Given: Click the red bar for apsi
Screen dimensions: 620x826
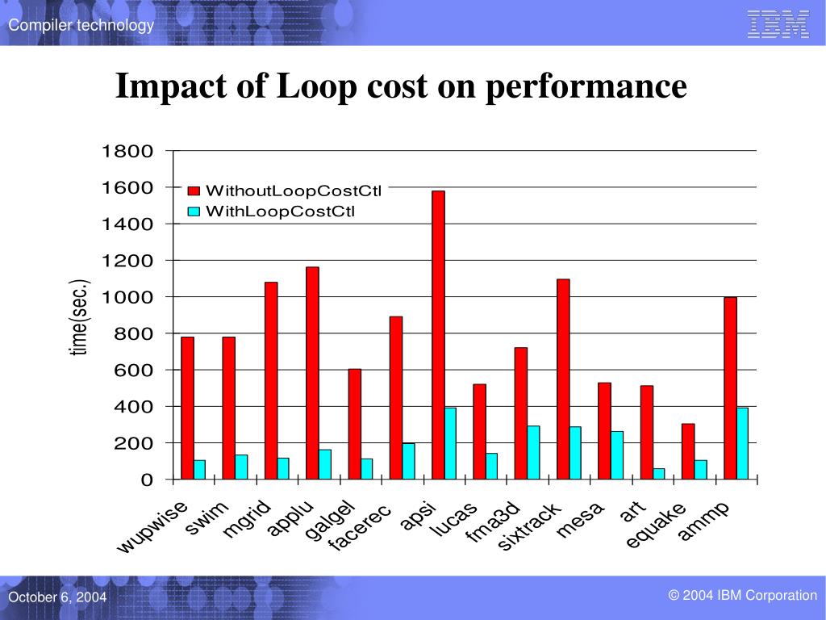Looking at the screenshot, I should (x=438, y=335).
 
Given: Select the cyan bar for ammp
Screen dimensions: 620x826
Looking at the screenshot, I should (x=742, y=443).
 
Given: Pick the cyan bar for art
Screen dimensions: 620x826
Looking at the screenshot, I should (x=659, y=474).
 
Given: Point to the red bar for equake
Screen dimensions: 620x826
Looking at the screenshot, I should (x=688, y=451).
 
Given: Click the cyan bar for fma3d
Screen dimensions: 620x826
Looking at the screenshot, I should (x=533, y=453).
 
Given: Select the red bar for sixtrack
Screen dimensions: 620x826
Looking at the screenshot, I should (x=563, y=379).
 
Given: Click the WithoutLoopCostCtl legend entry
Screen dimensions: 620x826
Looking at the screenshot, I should (x=293, y=191).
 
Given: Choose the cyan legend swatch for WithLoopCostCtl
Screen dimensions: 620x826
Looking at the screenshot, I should (x=194, y=212).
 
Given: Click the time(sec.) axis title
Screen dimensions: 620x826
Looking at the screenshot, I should (x=80, y=316).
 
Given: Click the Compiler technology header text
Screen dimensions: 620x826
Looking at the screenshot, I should (x=81, y=26).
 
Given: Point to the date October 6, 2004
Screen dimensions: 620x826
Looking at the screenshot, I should (x=57, y=597).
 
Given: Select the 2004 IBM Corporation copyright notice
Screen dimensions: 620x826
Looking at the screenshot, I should (x=742, y=596).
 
